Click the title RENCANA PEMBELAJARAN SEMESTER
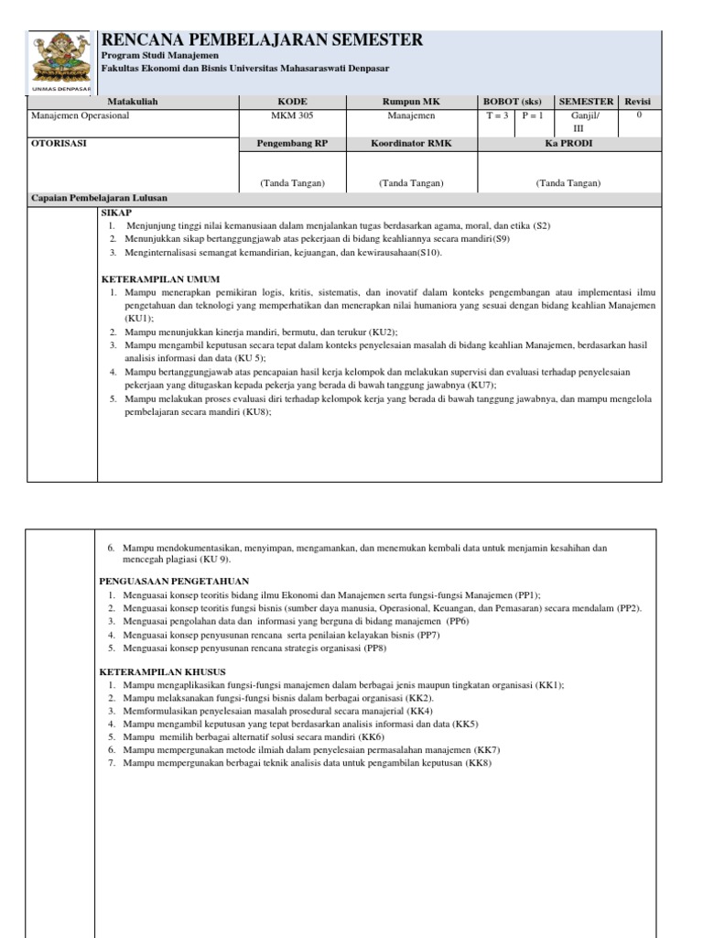(262, 39)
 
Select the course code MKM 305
(292, 116)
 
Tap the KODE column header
(292, 101)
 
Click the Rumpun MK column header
(411, 101)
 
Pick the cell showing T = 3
(497, 116)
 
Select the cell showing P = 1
(533, 116)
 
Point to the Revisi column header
(639, 101)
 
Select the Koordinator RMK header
(411, 143)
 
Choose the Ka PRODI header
(568, 143)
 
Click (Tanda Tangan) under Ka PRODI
(568, 183)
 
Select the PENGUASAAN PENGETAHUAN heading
(173, 581)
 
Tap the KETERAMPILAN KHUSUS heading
(162, 671)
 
